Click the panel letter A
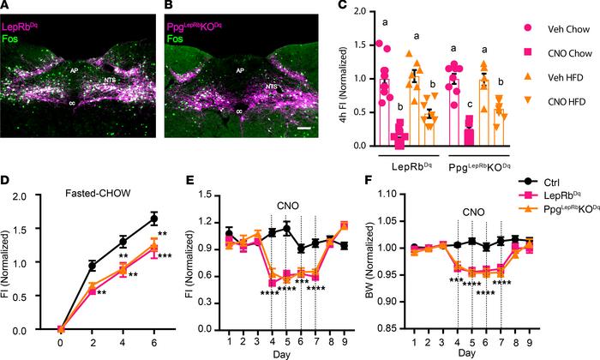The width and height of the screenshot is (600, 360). click(5, 7)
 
